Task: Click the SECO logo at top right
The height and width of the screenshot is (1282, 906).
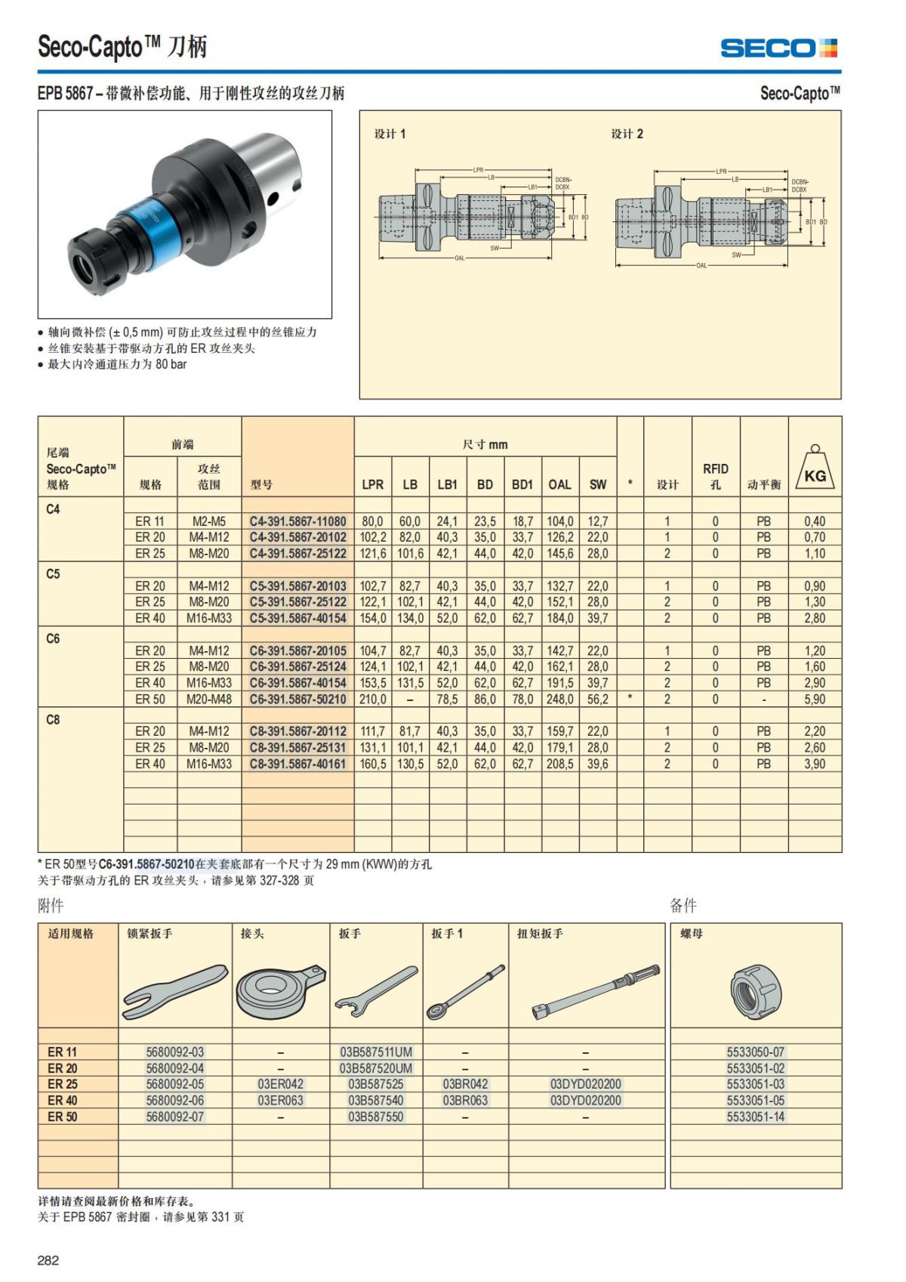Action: [778, 48]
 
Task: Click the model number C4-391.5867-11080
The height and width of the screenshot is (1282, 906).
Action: [297, 521]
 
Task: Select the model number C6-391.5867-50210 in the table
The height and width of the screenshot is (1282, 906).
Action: [297, 700]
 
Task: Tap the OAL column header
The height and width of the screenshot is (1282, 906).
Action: [559, 484]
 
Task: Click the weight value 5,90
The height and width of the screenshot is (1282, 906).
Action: [815, 700]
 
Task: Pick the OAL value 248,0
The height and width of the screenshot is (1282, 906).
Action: [559, 700]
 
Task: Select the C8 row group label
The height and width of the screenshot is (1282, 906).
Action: [53, 720]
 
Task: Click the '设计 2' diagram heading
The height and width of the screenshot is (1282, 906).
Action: [627, 134]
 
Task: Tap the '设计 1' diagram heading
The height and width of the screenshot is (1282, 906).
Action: [390, 134]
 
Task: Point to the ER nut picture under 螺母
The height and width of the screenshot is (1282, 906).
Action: [755, 990]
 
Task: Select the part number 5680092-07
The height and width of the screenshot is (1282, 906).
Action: [174, 1117]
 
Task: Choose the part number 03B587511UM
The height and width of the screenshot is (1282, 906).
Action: [375, 1052]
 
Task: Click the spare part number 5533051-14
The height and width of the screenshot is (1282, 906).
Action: [755, 1117]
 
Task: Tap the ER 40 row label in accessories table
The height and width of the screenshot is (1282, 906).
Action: [62, 1101]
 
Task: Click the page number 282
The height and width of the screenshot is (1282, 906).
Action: [48, 1260]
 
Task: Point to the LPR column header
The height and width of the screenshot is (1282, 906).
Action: [372, 484]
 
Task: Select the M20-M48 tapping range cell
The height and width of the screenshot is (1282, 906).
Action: [208, 700]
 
